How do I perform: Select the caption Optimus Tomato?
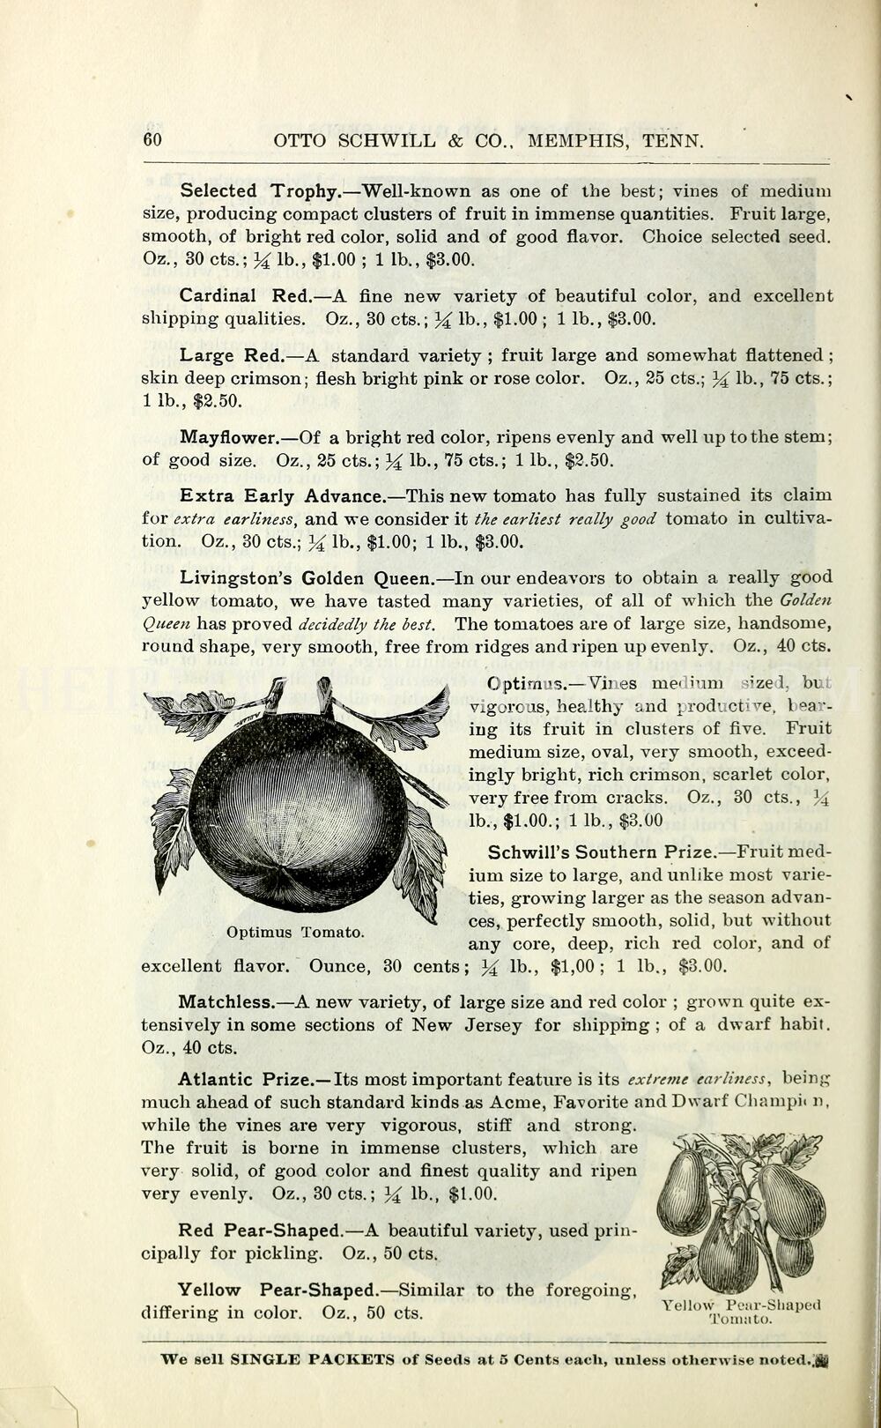pos(295,932)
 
